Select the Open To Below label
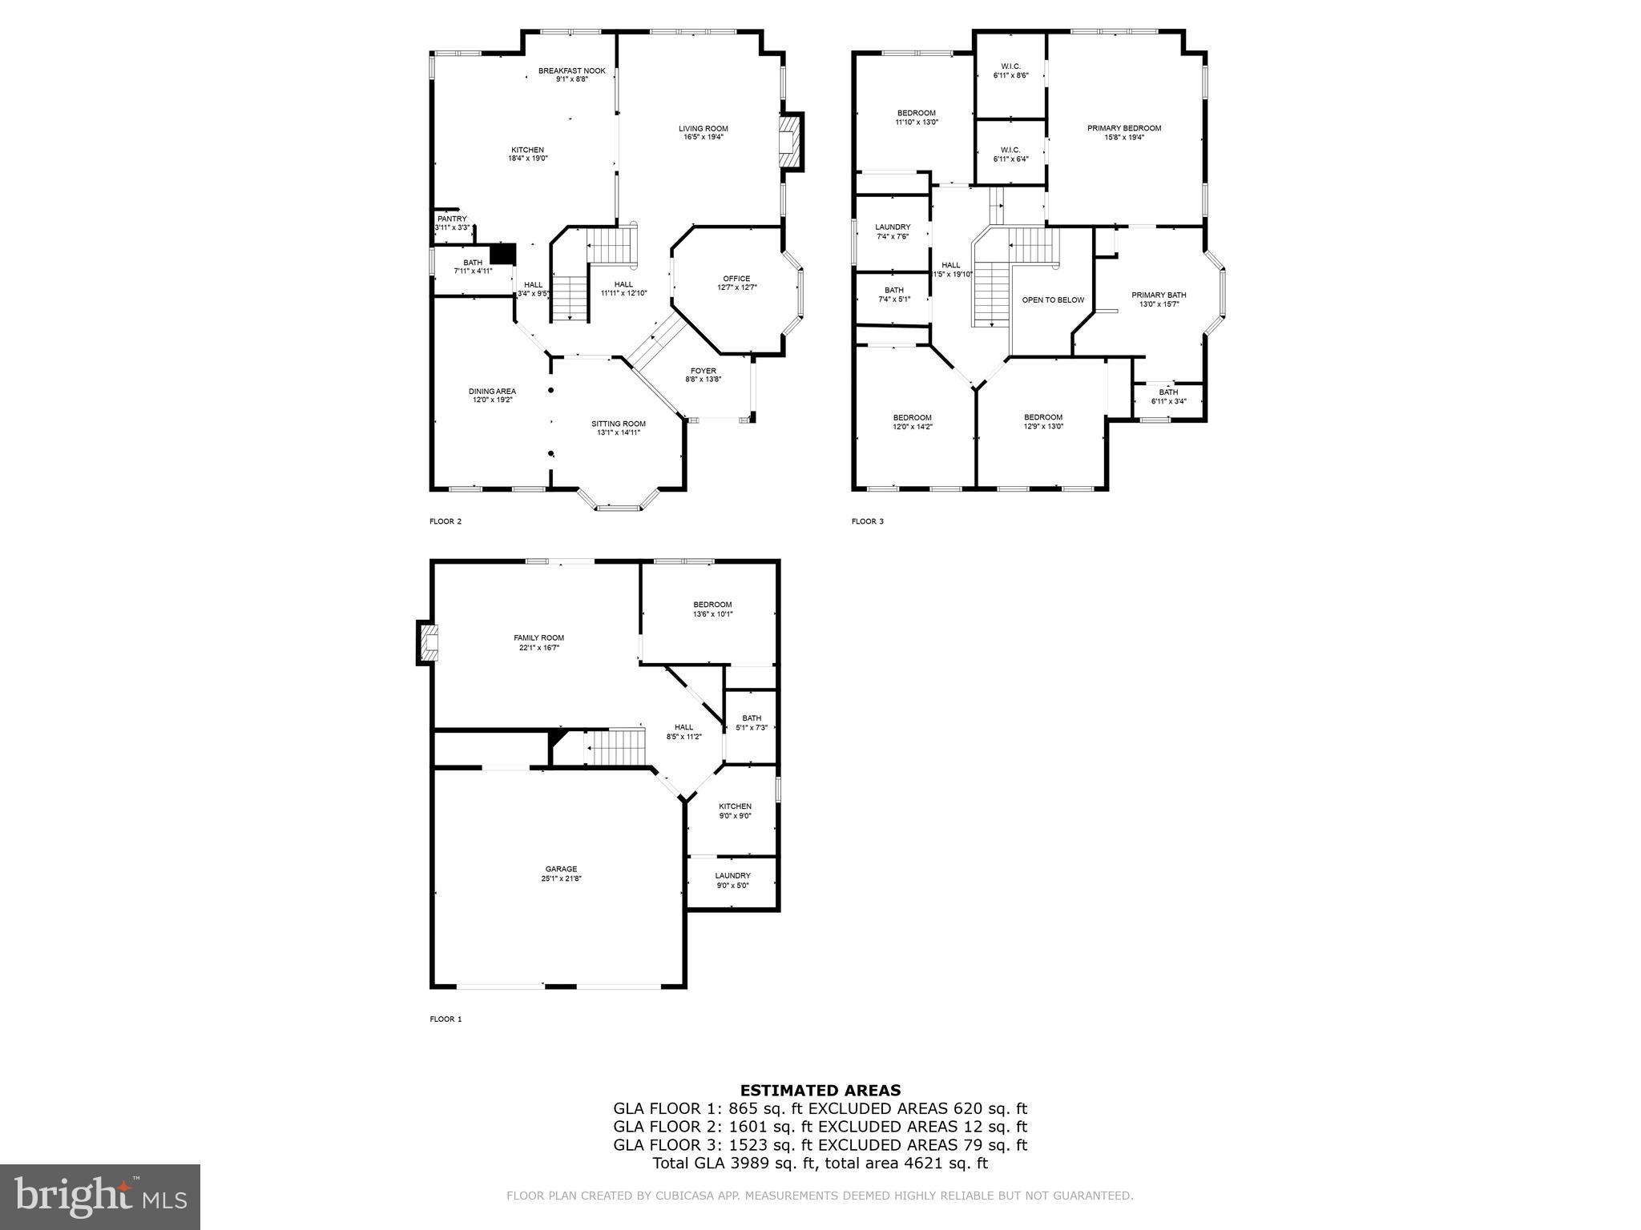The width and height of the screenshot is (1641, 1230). coord(1052,300)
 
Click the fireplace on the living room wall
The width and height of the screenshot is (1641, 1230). coord(791,142)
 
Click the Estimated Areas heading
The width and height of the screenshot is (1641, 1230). coord(820,1090)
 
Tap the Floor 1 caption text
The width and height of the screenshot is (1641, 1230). coord(446,1019)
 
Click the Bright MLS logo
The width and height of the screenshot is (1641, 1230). coord(99,1196)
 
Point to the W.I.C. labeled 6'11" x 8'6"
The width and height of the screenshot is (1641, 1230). coord(1010,70)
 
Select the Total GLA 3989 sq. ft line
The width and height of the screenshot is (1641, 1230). coord(820,1164)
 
